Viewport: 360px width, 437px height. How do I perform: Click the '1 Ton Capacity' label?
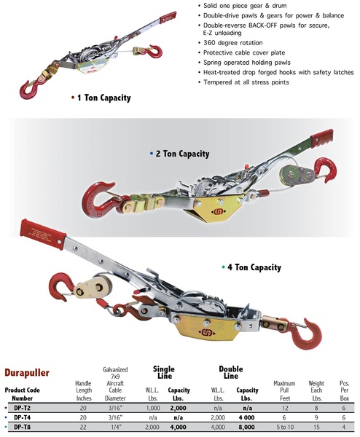[x=104, y=98]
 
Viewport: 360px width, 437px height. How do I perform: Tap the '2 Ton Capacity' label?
[x=183, y=154]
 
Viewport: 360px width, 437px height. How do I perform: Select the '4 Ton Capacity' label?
[x=254, y=267]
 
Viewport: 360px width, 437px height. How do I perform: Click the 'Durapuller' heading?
[x=27, y=373]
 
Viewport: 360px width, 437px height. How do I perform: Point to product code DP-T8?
[x=23, y=427]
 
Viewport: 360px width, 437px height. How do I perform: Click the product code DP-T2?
[x=23, y=408]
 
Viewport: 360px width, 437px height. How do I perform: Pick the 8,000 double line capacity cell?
[x=246, y=427]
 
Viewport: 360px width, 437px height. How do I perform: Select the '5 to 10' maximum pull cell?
[x=285, y=427]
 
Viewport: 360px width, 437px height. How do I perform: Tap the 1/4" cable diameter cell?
[x=115, y=427]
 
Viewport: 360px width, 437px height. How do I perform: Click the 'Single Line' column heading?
[x=164, y=372]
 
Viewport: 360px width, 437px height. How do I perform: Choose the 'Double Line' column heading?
[x=231, y=372]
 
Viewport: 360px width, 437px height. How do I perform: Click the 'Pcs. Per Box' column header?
[x=345, y=390]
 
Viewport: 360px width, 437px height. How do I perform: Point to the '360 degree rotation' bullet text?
[x=233, y=43]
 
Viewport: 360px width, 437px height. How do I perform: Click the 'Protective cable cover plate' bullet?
[x=244, y=52]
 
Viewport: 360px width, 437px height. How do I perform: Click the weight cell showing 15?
[x=316, y=427]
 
